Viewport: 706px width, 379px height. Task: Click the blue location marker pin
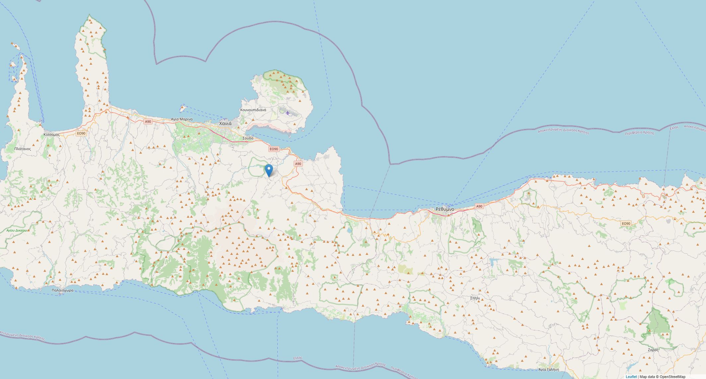coord(269,170)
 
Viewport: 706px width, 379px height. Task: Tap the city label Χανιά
coord(225,123)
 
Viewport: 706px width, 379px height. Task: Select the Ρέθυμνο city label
coord(445,209)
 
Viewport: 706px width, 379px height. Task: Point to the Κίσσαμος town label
coord(51,134)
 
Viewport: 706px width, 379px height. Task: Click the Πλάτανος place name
coord(23,149)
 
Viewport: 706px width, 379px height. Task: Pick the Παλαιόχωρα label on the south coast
coord(63,290)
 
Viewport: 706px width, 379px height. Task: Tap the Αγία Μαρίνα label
coord(181,119)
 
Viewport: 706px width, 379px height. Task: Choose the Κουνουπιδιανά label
coord(253,110)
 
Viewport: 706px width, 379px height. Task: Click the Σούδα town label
coord(248,138)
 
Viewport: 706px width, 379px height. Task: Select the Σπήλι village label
coord(475,298)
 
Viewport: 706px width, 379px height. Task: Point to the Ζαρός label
coord(653,350)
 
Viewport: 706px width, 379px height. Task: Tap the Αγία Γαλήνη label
coord(549,369)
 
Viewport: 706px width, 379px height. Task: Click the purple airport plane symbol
coord(287,113)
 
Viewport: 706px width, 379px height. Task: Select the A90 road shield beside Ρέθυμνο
coord(479,206)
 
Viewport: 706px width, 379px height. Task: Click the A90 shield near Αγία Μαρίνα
coord(148,121)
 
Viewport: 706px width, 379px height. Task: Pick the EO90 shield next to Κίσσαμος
coord(81,133)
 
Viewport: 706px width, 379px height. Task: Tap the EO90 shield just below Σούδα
coord(274,149)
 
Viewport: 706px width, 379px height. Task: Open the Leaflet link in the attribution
coord(631,377)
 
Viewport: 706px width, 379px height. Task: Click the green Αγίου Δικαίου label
coord(17,230)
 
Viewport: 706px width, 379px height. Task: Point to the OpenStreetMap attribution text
coord(672,377)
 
